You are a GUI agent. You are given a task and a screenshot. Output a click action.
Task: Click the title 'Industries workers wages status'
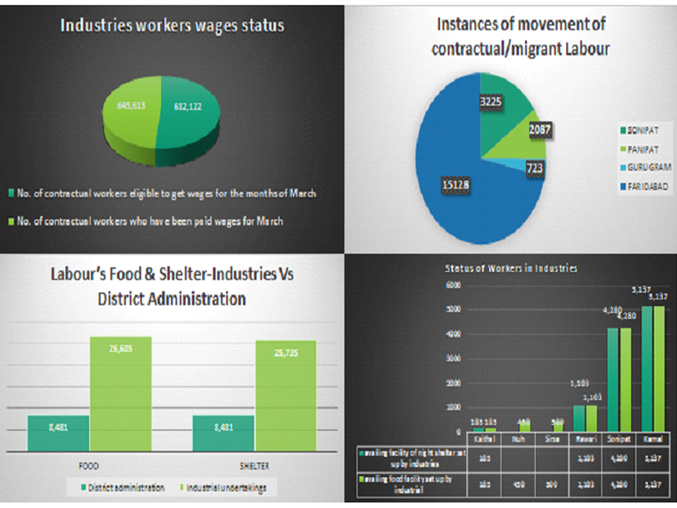[171, 25]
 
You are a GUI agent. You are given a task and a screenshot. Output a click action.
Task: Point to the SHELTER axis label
[255, 464]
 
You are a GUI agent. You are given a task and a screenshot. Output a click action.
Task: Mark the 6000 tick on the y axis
[454, 285]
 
